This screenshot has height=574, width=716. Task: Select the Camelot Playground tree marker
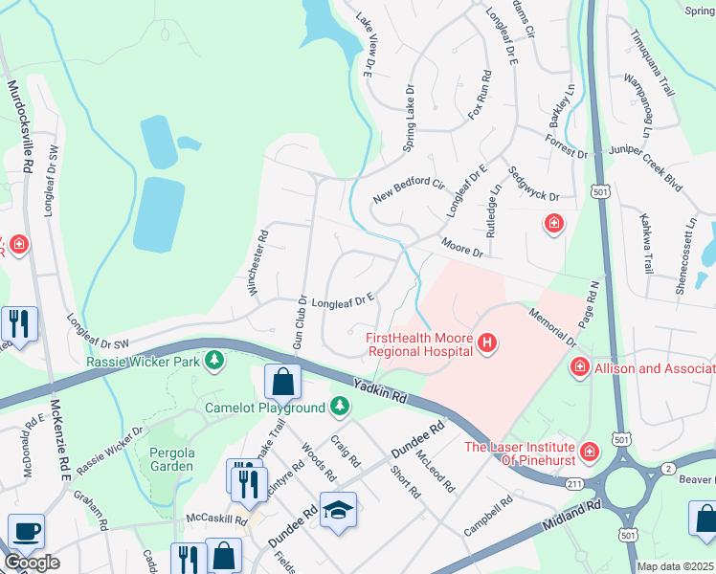(339, 408)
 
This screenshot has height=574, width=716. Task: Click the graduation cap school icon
(337, 512)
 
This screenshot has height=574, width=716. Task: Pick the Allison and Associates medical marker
(578, 368)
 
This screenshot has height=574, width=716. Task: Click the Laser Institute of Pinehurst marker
(591, 449)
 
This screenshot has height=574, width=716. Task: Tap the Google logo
(31, 563)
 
